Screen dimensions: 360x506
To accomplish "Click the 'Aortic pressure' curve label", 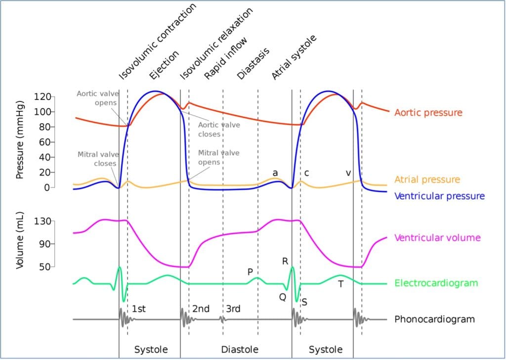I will (428, 113).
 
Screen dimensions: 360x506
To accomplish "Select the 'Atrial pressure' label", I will (427, 180).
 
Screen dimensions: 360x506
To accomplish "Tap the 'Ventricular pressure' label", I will (439, 196).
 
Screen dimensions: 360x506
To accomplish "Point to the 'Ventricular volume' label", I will (437, 238).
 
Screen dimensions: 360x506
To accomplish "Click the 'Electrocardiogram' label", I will (436, 283).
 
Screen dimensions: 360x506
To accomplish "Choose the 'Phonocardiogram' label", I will (434, 319).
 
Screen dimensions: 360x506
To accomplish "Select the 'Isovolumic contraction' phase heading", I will (158, 41).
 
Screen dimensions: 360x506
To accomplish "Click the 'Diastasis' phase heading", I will (253, 64).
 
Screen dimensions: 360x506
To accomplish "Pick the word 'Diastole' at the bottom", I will (239, 350).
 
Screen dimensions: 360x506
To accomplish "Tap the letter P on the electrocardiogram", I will (250, 271).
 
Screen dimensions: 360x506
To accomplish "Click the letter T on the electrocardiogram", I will (340, 284).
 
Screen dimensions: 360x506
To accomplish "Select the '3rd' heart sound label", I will (233, 309).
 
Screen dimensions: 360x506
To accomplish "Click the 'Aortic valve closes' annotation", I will (219, 130).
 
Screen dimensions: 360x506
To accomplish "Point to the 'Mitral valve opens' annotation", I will (219, 157).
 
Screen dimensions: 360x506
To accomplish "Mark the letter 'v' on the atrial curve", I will (348, 173).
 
